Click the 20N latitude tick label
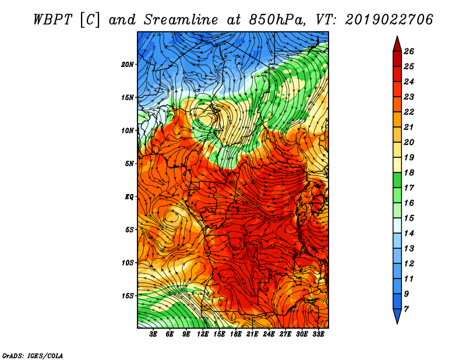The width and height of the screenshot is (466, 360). tap(127, 65)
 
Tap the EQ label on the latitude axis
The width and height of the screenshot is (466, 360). tap(129, 197)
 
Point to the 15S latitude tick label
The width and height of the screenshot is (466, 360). tap(127, 296)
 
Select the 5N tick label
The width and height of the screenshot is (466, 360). tap(129, 164)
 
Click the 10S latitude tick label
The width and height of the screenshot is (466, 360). tap(127, 263)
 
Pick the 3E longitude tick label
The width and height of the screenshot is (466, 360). tap(153, 334)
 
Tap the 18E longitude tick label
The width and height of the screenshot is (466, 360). tap(236, 334)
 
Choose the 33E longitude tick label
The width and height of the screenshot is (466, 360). tap(318, 334)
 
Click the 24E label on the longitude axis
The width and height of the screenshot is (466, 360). tap(269, 334)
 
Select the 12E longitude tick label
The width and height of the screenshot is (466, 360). tap(203, 334)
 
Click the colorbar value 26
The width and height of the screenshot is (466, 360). tap(409, 51)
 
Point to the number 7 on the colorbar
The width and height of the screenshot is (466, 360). tap(406, 309)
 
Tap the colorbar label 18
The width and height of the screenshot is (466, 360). tap(409, 172)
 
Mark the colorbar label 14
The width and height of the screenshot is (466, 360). tap(409, 234)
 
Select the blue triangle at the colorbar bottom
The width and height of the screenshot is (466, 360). tap(397, 315)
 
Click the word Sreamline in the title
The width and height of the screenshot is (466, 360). tap(181, 20)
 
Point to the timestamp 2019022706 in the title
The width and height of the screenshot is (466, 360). tap(389, 20)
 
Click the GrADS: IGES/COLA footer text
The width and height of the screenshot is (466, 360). tap(33, 356)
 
